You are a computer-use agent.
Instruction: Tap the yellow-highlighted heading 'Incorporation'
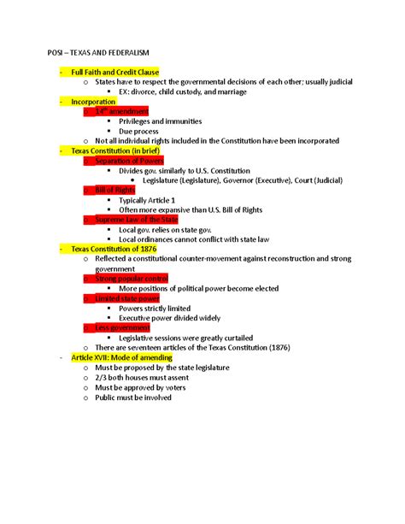(93, 102)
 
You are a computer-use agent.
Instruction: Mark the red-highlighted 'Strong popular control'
(132, 278)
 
